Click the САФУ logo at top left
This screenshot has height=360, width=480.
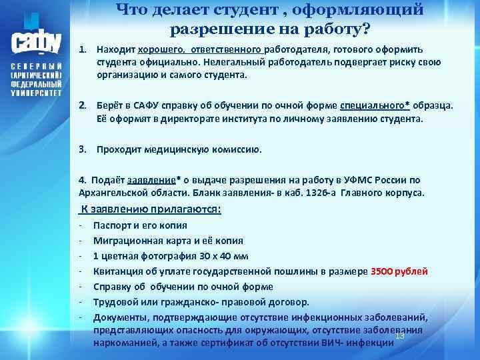click(x=37, y=37)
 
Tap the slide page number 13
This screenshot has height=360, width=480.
click(x=400, y=335)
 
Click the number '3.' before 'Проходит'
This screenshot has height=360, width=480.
click(x=83, y=149)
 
